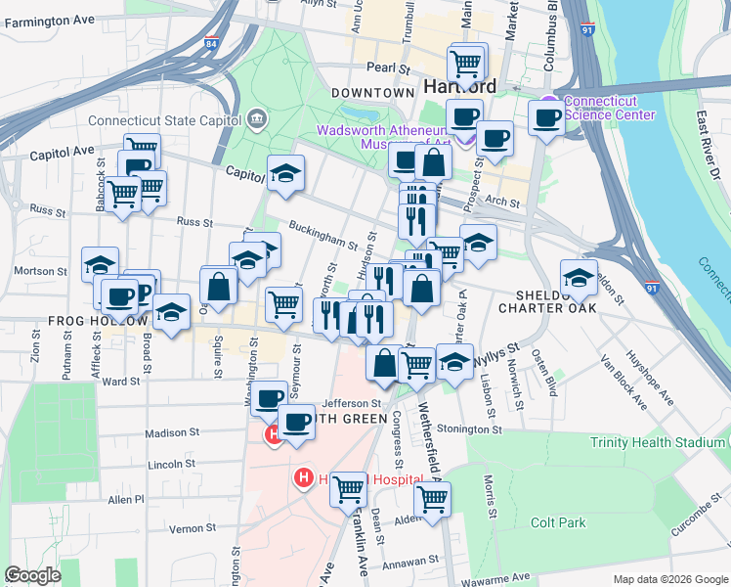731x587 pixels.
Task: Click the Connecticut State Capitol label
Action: click(164, 120)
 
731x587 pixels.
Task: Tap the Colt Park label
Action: click(558, 522)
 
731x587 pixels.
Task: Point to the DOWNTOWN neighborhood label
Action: click(372, 93)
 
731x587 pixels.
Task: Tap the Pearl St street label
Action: click(387, 68)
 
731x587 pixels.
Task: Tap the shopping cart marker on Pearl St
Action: click(466, 64)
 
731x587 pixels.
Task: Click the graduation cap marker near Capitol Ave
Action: click(285, 173)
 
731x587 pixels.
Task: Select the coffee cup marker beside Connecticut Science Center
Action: click(545, 118)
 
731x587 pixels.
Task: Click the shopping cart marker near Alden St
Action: click(432, 499)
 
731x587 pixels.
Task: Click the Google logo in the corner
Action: click(33, 575)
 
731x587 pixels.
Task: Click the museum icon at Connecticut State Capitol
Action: click(255, 119)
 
